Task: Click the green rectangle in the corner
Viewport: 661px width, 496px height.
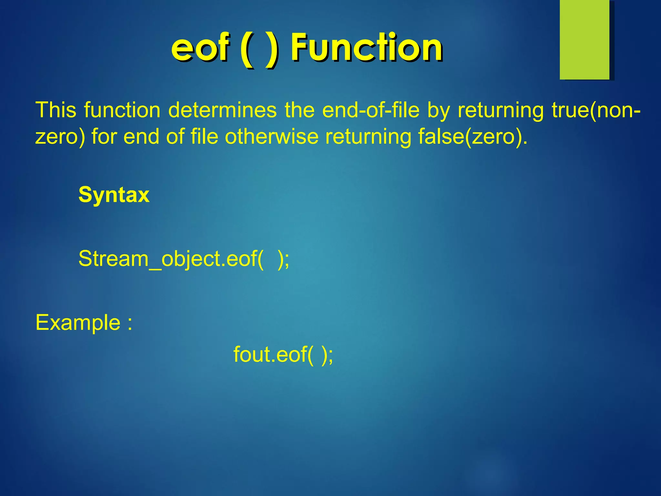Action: [x=585, y=40]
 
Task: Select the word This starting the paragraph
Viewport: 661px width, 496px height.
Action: [x=56, y=110]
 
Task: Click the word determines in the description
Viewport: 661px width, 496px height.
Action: [x=222, y=110]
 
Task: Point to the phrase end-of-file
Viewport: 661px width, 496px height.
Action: [x=371, y=110]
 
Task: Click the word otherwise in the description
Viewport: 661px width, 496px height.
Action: [x=271, y=137]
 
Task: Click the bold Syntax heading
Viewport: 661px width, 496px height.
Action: [x=114, y=195]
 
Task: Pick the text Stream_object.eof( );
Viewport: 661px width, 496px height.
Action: [x=184, y=259]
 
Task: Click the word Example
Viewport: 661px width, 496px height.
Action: [x=78, y=323]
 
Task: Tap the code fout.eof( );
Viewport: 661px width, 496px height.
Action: [x=283, y=355]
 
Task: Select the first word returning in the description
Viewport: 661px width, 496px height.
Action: [x=500, y=110]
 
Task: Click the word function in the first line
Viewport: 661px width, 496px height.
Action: [x=122, y=110]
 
